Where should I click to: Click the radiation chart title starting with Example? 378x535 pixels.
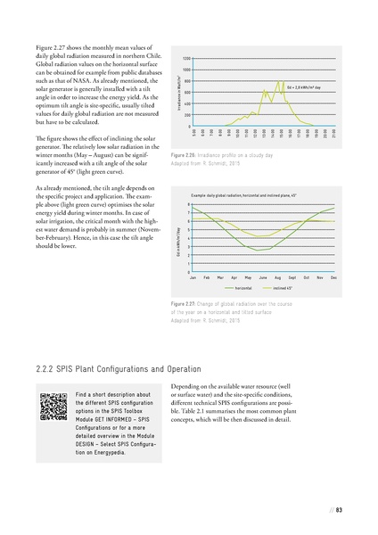pos(251,193)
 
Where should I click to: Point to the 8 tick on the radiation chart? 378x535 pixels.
pos(187,204)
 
